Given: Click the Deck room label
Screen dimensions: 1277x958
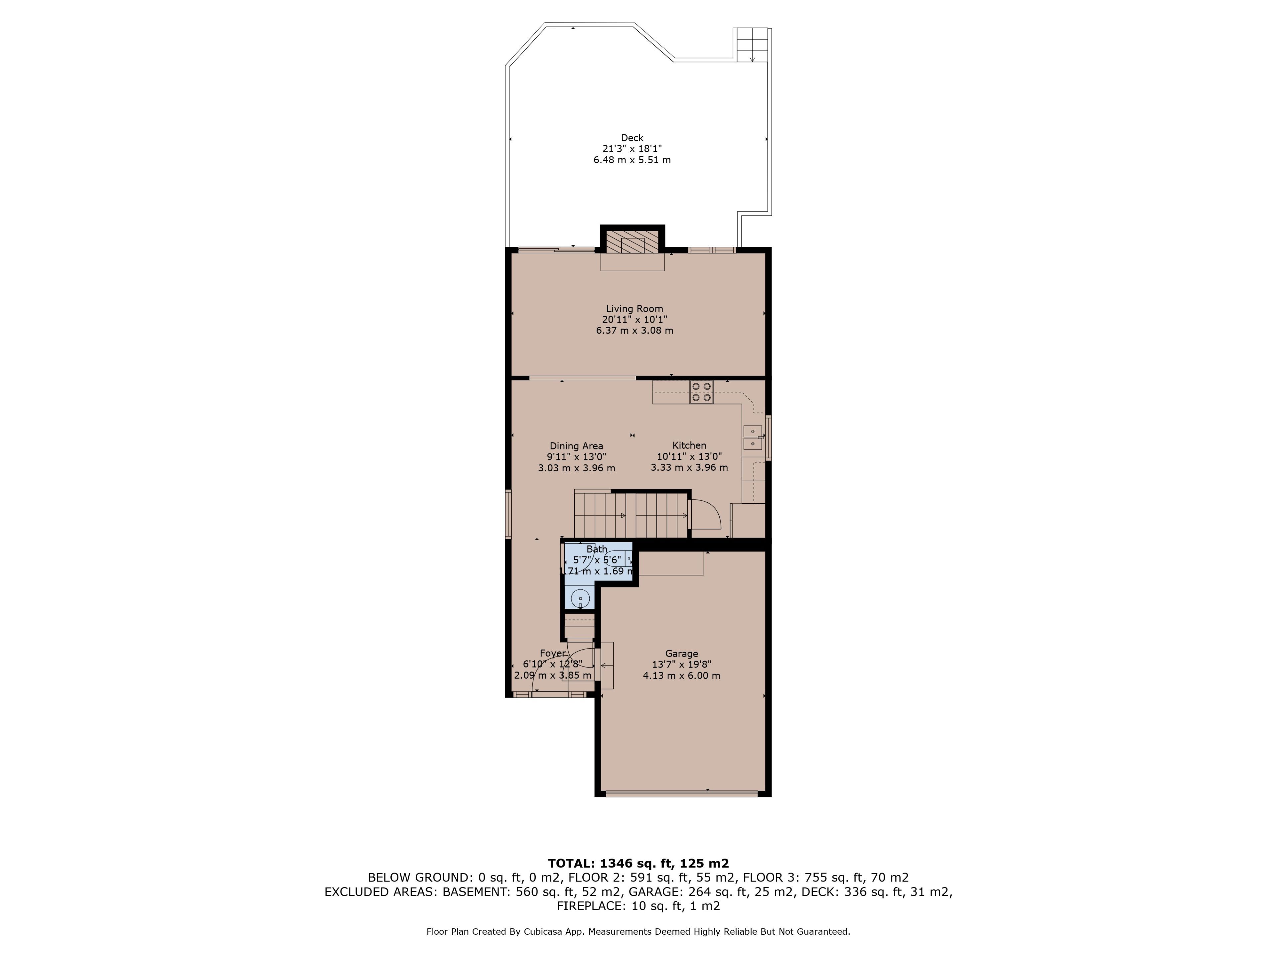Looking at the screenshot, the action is (x=632, y=137).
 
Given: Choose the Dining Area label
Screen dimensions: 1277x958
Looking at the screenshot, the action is (x=576, y=446).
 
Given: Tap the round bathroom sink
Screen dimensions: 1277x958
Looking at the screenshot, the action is (x=580, y=599).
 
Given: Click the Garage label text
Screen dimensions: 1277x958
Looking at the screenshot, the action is (x=682, y=654).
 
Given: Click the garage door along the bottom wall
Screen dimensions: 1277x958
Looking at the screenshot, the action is (x=682, y=793).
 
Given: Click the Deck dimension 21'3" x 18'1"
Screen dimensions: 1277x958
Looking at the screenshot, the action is (x=632, y=148).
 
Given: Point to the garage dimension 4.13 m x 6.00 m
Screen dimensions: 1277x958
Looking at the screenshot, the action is (x=682, y=676).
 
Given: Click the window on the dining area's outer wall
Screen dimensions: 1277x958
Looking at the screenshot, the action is (x=508, y=514).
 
